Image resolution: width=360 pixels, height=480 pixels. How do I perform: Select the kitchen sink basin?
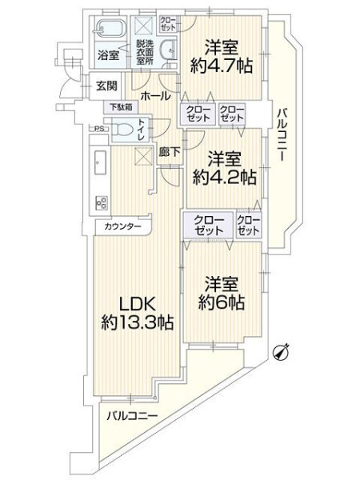click(100, 162)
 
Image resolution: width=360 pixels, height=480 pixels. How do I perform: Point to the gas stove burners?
click(102, 202)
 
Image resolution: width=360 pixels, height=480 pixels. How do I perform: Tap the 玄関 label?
click(106, 86)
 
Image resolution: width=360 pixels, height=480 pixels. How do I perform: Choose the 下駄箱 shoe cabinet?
click(122, 107)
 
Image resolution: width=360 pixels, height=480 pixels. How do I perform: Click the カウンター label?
click(122, 227)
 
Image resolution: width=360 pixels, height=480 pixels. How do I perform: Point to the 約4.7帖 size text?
click(222, 66)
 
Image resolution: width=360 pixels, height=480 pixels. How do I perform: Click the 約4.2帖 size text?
click(224, 177)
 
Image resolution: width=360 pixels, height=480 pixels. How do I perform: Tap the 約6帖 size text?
click(222, 302)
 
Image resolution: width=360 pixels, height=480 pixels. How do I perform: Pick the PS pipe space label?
click(98, 129)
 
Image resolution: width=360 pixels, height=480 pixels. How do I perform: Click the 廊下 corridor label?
click(170, 152)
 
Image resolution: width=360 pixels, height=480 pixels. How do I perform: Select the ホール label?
click(155, 96)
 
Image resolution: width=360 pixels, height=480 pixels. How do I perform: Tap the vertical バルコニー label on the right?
click(282, 134)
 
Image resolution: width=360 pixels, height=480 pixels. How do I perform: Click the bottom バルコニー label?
click(132, 416)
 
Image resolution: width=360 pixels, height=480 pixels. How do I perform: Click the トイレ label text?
click(142, 130)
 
